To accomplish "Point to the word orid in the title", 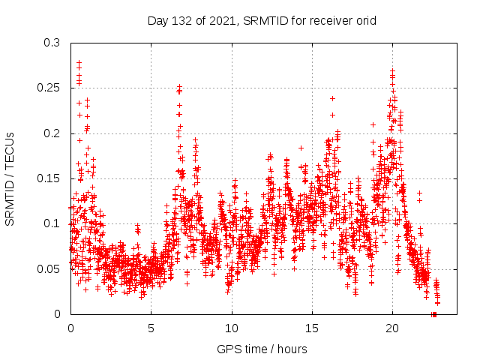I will point(365,20).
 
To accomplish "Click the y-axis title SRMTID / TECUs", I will point(10,178).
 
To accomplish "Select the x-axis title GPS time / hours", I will point(262,349).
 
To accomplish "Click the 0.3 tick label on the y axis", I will point(52,43).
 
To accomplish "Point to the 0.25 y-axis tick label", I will point(49,88).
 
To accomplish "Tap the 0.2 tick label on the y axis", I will point(52,133).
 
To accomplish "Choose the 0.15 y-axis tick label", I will point(49,178).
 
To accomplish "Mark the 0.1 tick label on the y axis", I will point(52,223).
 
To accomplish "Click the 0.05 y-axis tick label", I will point(49,268).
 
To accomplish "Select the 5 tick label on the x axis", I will point(151,328).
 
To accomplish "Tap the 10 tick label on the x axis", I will point(232,328).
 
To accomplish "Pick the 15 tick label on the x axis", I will point(312,328).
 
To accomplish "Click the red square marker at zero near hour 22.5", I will point(434,314).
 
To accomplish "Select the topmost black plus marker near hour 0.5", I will point(79,63).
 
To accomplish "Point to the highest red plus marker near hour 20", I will point(392,71).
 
